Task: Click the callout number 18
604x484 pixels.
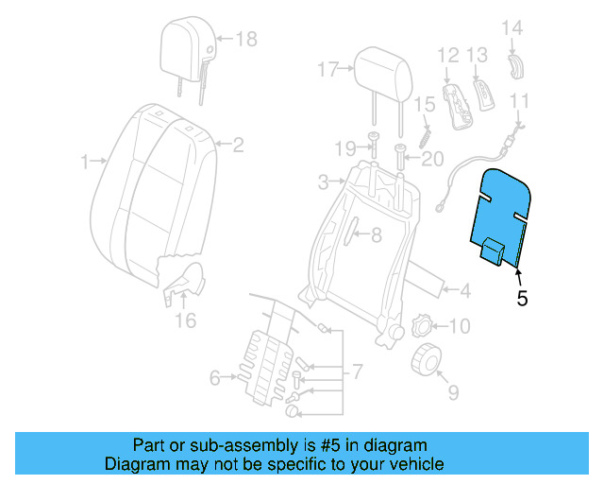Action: [x=245, y=39]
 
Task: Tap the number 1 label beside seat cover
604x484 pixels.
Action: [x=85, y=162]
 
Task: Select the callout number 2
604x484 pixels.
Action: [x=238, y=145]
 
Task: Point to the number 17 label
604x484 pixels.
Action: [x=327, y=69]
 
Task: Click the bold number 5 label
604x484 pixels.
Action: [x=522, y=299]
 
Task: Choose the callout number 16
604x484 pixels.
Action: [x=186, y=320]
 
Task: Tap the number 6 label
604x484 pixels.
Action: [x=215, y=378]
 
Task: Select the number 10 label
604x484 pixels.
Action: [x=458, y=327]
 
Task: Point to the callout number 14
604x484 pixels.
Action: [x=511, y=27]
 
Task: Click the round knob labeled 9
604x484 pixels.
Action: [x=429, y=360]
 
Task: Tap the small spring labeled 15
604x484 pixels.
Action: [x=427, y=122]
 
